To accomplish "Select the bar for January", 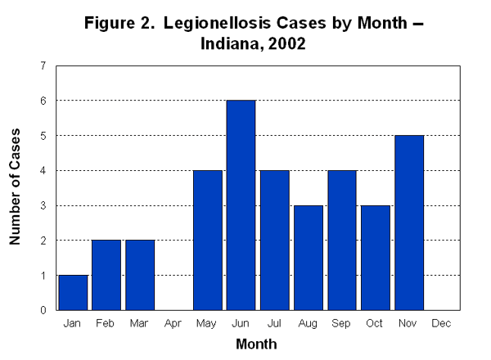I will (x=73, y=293).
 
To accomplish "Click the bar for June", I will (x=241, y=205).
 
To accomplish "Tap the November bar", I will (x=408, y=223).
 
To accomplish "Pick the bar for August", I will (x=308, y=258).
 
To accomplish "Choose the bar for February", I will (x=106, y=275).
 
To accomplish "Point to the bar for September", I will (x=341, y=241).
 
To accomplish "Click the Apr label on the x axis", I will (x=173, y=324).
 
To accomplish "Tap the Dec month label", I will (x=442, y=324).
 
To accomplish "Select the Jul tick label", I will (x=274, y=324).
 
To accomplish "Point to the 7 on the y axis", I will (x=43, y=65).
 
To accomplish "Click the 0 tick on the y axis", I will (x=43, y=310).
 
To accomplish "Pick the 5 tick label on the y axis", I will (x=43, y=136).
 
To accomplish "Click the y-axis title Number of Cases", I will (x=16, y=187).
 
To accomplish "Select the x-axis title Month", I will (x=256, y=344).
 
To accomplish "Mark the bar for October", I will (x=375, y=258).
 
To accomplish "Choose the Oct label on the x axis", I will (x=375, y=324).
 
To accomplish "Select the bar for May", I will (x=207, y=241).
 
